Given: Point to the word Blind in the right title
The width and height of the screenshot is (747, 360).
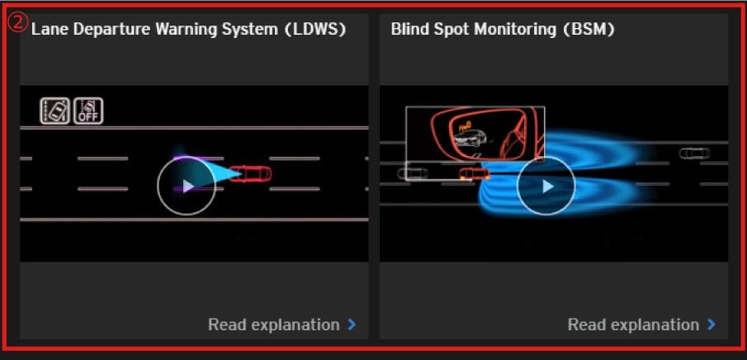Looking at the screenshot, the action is (408, 29).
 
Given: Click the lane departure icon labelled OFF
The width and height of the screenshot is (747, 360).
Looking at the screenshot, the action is (88, 111).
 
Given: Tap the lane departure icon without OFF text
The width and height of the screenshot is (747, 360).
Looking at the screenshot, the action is (55, 111).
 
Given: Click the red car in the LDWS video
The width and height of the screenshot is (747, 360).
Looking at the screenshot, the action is (250, 173).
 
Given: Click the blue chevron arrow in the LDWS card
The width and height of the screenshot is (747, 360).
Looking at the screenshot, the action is (352, 324).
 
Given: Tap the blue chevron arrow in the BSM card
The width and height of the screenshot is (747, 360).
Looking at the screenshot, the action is (712, 324).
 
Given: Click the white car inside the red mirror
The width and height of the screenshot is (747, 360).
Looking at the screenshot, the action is (470, 138).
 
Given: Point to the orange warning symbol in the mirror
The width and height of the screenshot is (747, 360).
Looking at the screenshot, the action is (465, 126).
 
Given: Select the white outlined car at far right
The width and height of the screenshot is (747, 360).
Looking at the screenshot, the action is (694, 154).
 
